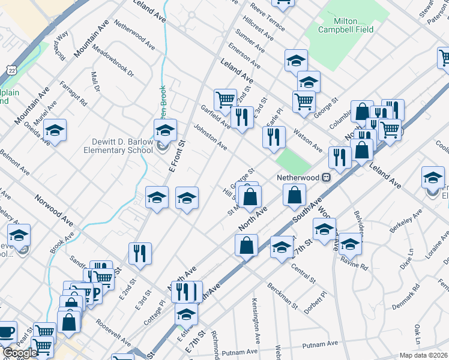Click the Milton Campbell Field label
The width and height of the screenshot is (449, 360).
tap(345, 25)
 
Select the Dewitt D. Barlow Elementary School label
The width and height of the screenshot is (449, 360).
tap(122, 146)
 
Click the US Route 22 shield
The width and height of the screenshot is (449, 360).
tap(12, 71)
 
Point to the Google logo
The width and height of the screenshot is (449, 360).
tap(20, 353)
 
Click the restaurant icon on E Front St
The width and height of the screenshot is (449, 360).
tap(137, 252)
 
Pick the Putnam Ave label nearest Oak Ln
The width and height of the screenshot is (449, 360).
tap(321, 344)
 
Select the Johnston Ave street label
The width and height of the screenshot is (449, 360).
tap(210, 137)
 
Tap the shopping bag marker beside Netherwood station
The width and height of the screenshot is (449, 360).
tap(294, 194)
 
